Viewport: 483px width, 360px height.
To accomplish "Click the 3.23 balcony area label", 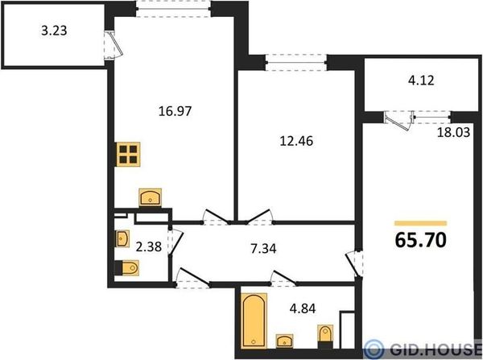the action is click(54, 31).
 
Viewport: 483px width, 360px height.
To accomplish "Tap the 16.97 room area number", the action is click(175, 111).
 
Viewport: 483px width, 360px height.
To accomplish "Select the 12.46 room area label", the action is click(296, 141).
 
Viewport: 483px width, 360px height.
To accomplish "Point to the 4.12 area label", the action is click(421, 81).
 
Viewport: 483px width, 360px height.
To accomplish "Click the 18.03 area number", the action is click(454, 132).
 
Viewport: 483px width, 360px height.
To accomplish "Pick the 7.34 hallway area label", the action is click(263, 248).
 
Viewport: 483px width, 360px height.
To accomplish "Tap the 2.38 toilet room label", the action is click(149, 246).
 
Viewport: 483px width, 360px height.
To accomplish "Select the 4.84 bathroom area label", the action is click(303, 308).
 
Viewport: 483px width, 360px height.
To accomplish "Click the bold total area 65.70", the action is click(421, 240).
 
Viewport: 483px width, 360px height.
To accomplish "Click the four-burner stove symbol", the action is click(128, 155).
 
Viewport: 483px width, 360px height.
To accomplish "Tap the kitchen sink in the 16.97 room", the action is click(150, 198).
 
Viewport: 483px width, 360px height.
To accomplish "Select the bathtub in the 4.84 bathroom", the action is click(254, 321).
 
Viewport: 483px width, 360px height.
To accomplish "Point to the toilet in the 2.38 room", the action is click(127, 267).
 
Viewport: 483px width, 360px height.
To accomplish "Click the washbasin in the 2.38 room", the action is click(122, 238).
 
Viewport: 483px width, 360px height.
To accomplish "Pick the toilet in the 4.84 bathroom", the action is click(325, 336).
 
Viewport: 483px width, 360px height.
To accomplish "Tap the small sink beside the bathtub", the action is click(285, 341).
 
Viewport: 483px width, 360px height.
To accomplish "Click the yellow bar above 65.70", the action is click(421, 223).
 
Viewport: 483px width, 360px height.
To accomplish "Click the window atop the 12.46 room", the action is click(296, 63).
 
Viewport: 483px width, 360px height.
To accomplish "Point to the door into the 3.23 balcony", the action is click(113, 44).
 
